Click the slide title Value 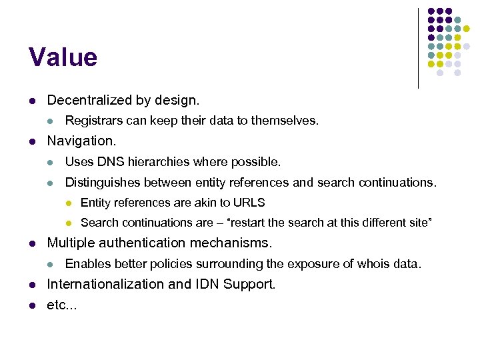[x=63, y=57]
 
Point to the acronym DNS [x=109, y=162]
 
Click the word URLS [x=251, y=203]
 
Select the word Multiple [x=69, y=243]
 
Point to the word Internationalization [x=106, y=285]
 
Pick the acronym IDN [x=206, y=285]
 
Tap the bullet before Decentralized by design [x=31, y=101]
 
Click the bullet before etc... [x=31, y=306]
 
